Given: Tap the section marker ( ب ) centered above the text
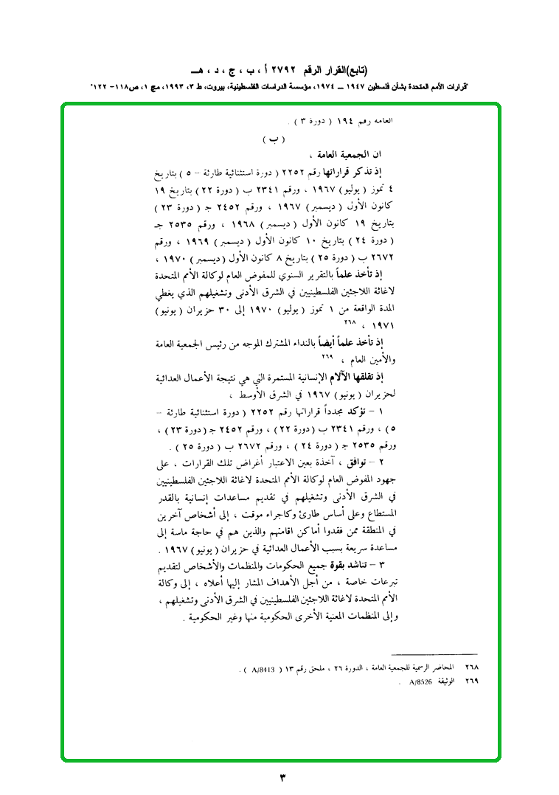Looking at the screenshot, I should point(274,139).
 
